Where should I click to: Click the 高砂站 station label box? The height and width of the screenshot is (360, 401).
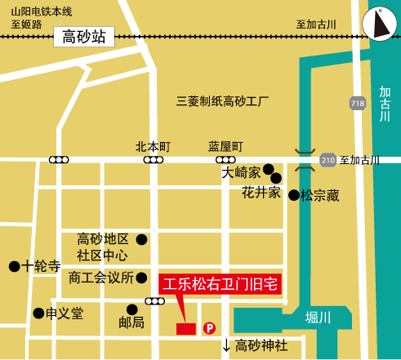click(x=84, y=36)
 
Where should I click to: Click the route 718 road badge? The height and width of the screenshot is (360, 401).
click(x=358, y=104)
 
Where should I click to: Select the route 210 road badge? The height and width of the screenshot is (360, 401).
click(x=327, y=159)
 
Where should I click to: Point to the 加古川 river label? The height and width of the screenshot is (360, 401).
click(x=385, y=104)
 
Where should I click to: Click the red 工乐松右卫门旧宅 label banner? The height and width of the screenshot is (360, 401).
click(x=220, y=284)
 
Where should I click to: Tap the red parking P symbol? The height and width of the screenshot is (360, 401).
click(x=209, y=328)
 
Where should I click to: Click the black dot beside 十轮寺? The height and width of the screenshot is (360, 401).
click(x=14, y=266)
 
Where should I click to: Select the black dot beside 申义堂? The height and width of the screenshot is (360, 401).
click(x=38, y=313)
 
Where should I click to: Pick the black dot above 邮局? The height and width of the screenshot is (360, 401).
click(x=132, y=309)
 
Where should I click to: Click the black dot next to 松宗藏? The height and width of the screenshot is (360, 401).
click(x=293, y=195)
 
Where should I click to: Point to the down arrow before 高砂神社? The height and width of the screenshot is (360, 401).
click(x=226, y=346)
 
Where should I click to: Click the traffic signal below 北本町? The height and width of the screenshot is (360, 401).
click(x=153, y=160)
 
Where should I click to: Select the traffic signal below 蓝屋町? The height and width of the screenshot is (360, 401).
click(x=226, y=160)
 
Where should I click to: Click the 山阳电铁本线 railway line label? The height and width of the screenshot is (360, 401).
click(x=42, y=11)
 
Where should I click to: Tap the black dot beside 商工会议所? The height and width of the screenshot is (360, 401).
click(x=141, y=278)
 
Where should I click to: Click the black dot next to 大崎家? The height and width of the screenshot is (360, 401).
click(x=268, y=169)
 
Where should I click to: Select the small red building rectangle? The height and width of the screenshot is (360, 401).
click(x=186, y=328)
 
